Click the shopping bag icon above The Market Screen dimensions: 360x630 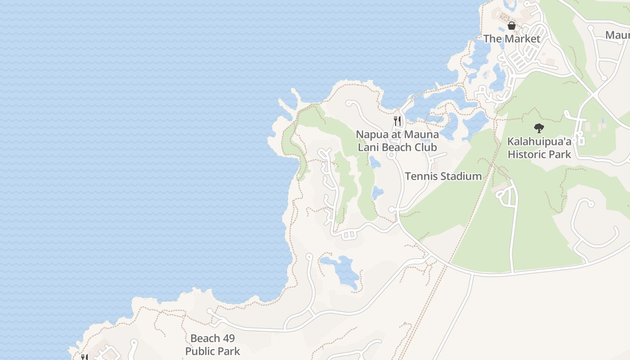click(512, 26)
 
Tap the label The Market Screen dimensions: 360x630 click(512, 39)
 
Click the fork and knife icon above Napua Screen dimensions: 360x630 click(397, 121)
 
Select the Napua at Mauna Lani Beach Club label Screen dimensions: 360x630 click(397, 141)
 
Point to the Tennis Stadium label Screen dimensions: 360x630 click(443, 176)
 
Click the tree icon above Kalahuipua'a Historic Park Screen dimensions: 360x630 click(539, 128)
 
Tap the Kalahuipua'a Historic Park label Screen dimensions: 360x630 click(539, 148)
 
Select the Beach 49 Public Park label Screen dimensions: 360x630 click(212, 345)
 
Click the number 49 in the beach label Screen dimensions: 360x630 click(229, 338)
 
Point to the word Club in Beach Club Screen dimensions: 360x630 click(426, 147)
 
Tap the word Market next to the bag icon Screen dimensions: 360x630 click(522, 39)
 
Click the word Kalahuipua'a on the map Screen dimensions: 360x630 click(539, 141)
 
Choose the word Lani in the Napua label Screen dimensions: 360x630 click(368, 147)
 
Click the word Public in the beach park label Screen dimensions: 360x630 click(201, 351)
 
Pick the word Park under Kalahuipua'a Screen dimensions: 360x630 click(560, 154)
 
